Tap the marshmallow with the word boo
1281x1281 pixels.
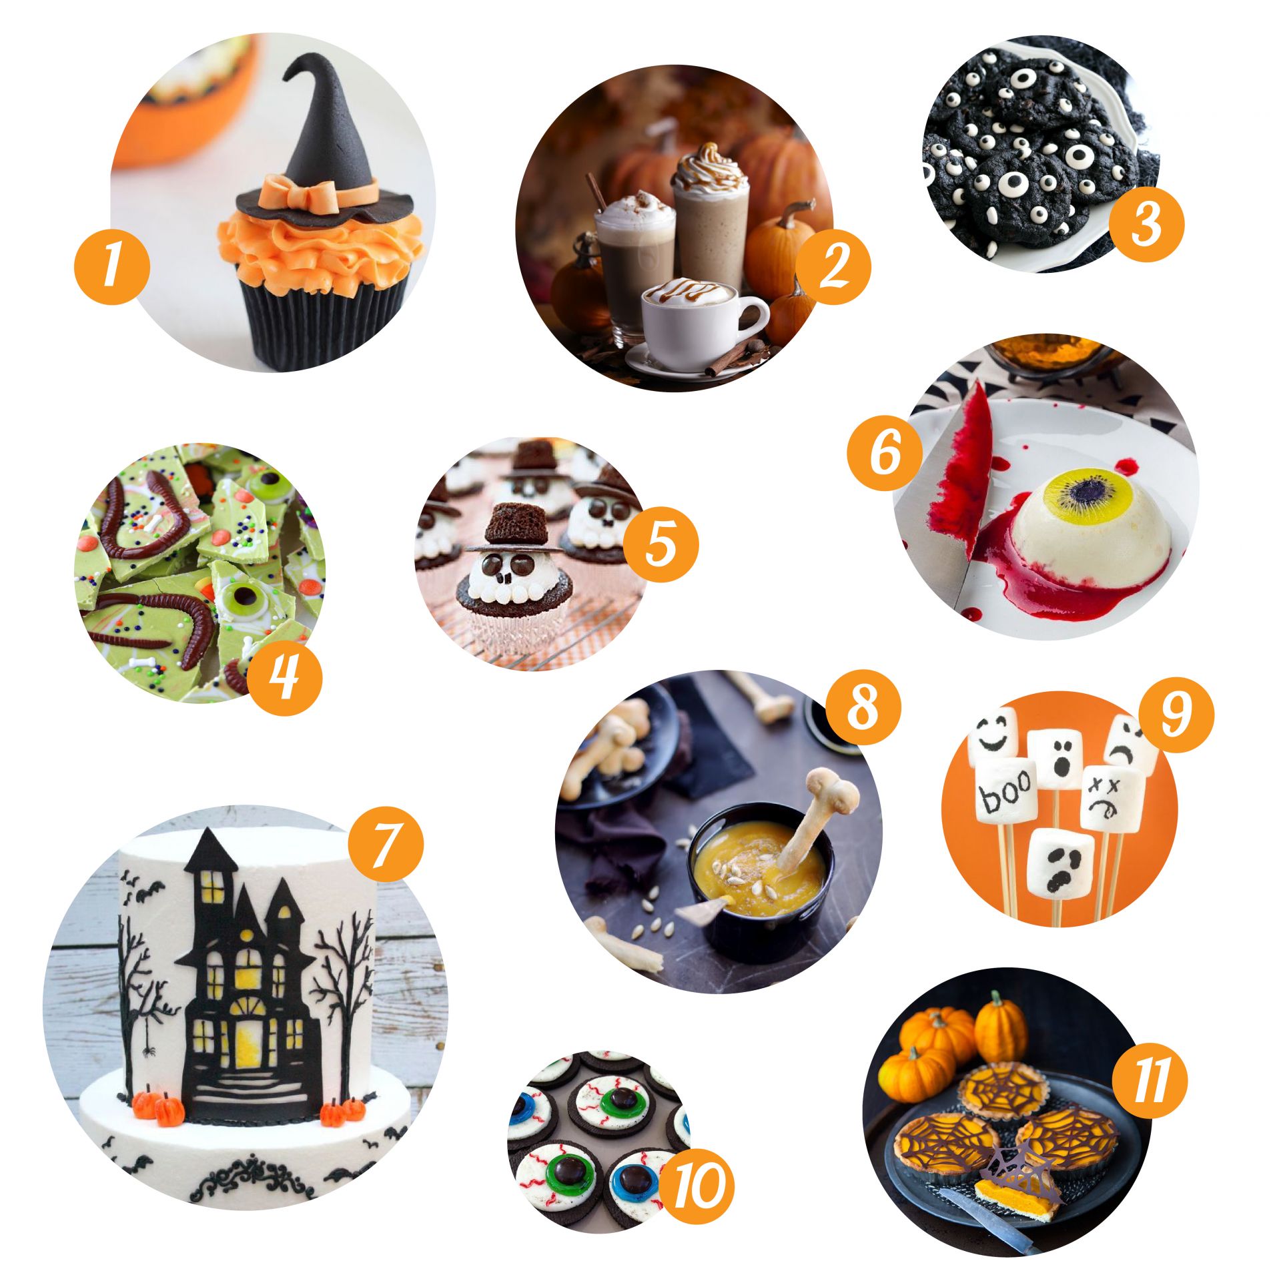(1006, 794)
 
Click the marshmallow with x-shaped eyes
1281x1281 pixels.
(1110, 798)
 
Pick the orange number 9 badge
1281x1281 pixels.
(1175, 715)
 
